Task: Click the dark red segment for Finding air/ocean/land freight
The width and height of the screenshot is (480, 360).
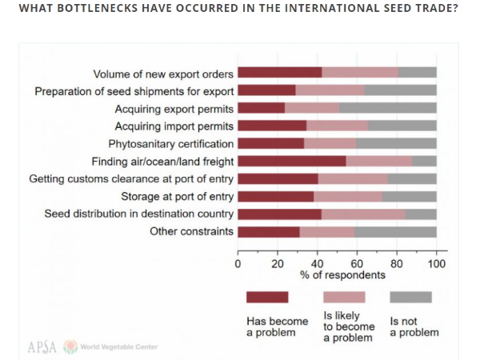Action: click(291, 161)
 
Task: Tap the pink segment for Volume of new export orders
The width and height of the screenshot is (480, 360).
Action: click(360, 73)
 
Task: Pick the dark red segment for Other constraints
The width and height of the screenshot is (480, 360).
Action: click(268, 232)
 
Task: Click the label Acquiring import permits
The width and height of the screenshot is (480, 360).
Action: click(174, 126)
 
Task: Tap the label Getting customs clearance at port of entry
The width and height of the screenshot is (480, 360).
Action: click(131, 178)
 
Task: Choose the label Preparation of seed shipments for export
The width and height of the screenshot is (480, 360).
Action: click(134, 90)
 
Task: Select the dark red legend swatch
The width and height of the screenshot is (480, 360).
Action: click(267, 297)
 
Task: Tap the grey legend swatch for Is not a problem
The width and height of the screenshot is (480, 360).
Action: click(410, 297)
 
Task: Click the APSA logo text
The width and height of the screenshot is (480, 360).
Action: click(42, 346)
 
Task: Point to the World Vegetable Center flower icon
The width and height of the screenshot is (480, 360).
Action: click(71, 346)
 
